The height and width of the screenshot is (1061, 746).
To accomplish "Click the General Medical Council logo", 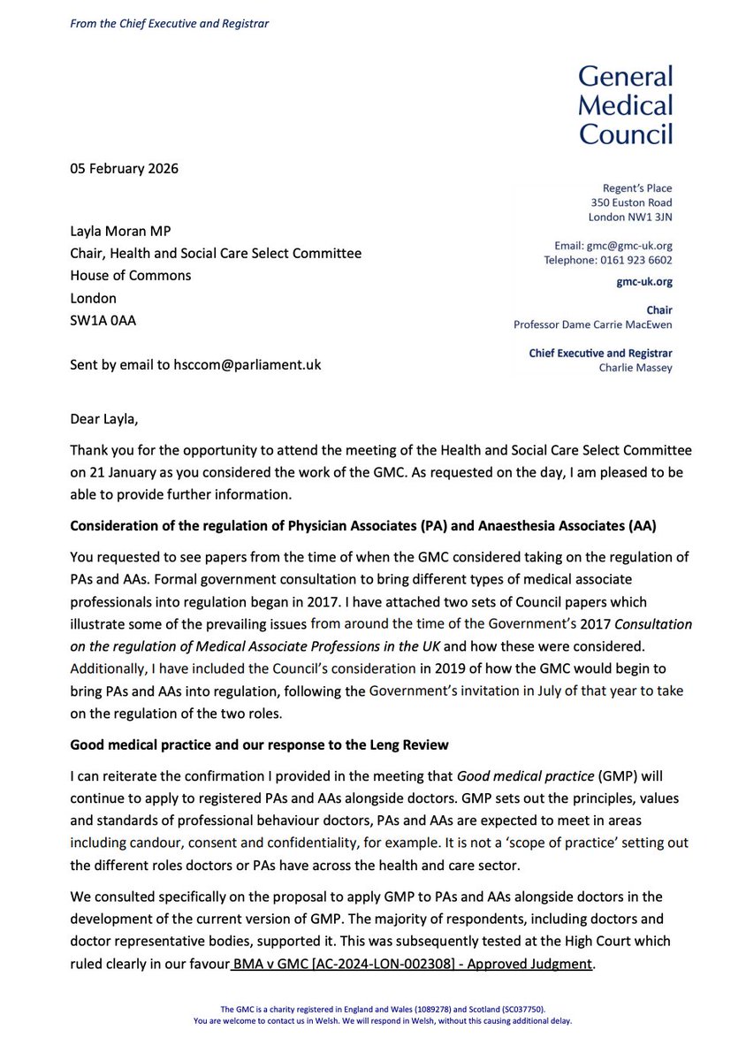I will [x=625, y=104].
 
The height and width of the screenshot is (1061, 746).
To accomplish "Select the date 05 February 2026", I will [x=125, y=169].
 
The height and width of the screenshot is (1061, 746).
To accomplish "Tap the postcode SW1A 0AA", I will [x=103, y=320].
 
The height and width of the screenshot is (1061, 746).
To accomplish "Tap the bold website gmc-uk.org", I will [x=644, y=282].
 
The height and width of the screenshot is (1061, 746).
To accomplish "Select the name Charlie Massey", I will [x=635, y=368].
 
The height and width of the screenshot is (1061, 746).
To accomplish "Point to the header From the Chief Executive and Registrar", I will [x=170, y=23].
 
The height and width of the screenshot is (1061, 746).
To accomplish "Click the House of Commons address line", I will [x=131, y=275].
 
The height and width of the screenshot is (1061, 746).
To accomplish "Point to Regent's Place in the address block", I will [x=634, y=187].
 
